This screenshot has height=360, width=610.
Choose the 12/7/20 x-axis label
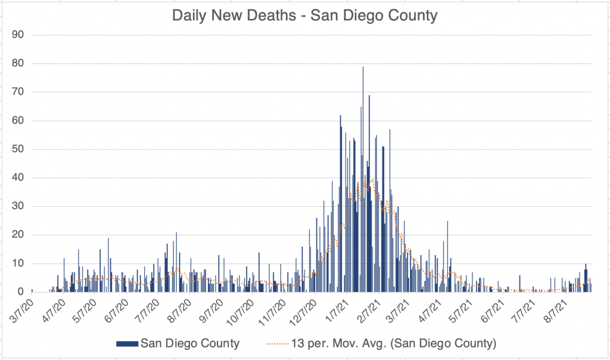click(x=303, y=311)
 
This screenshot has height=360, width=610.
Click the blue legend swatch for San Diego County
click(x=127, y=343)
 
